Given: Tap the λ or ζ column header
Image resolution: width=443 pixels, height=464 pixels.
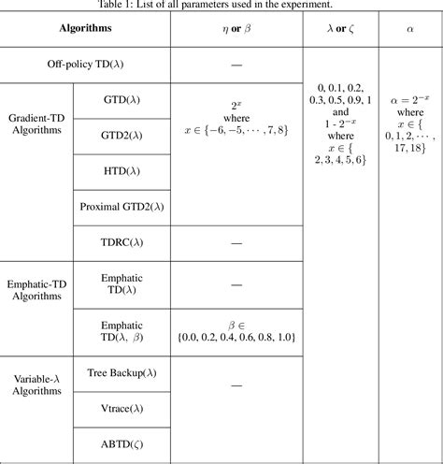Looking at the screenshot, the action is [338, 29].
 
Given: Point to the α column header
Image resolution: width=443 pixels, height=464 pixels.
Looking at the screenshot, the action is [410, 29].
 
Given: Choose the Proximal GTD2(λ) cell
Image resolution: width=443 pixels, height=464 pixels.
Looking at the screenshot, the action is [121, 207].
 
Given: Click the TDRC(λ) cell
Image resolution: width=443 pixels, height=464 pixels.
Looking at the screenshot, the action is [121, 242].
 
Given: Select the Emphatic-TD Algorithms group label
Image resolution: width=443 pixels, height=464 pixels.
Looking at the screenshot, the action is [38, 289].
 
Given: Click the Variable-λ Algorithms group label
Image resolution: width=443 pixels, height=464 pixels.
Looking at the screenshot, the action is [38, 384].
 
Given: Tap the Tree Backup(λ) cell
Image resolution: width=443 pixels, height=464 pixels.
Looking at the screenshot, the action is [121, 372].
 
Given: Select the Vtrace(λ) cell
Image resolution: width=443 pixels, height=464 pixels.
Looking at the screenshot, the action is [121, 408].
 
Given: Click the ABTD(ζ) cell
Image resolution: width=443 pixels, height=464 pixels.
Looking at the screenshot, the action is [121, 443].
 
